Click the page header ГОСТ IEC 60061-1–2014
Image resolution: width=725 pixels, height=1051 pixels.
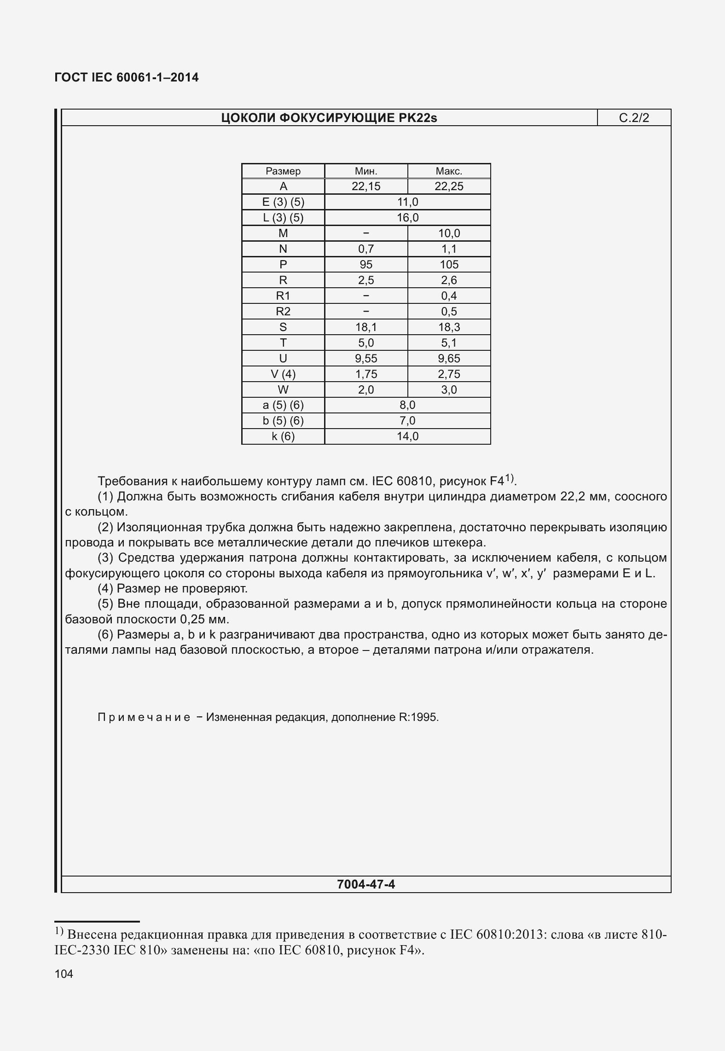pos(127,77)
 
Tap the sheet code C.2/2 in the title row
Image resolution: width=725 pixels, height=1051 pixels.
pos(634,118)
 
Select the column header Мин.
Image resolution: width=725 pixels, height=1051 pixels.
pos(366,171)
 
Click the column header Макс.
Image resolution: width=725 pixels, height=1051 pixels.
pos(449,171)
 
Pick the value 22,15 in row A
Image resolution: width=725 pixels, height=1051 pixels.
pos(366,186)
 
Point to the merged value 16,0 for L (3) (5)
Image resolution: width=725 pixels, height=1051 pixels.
pos(407,218)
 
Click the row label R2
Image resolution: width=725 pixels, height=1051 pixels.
pos(283,312)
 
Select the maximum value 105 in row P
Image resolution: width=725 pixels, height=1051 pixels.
pos(449,265)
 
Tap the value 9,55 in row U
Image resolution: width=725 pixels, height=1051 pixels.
pos(366,359)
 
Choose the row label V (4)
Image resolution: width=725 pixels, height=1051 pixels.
pos(283,374)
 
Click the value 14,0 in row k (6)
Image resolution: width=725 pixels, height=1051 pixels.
pos(407,436)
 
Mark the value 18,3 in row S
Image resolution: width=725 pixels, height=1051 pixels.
pos(449,327)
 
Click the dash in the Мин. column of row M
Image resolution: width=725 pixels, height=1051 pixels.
pos(366,233)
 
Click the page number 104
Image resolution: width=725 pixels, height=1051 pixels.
pos(64,974)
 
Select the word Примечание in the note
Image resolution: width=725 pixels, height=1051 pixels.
pos(144,717)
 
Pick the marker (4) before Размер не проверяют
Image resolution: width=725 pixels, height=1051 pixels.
pos(106,588)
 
